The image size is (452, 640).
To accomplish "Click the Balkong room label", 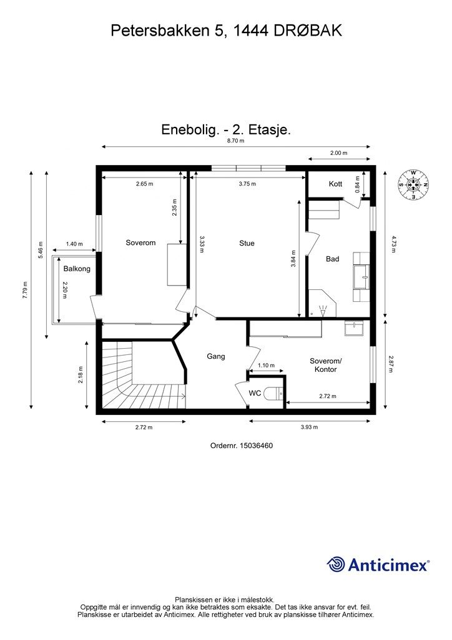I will coord(77,269).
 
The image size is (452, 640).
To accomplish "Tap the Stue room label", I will coord(247,243).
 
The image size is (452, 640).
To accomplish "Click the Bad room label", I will coord(333,258).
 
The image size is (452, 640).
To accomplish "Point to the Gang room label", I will coord(215,356).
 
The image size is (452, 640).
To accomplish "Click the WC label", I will coord(255,393).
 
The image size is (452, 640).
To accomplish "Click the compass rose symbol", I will coord(412,184).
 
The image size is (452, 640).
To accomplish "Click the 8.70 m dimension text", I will coord(235,141).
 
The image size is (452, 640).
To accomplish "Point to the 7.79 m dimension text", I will coord(25,291).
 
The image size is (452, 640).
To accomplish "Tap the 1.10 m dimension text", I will coord(267,365).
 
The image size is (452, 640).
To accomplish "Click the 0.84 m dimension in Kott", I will coord(358,184).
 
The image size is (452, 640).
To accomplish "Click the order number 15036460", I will coord(242,446).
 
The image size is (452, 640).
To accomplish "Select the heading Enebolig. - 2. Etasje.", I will coord(227,130).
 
